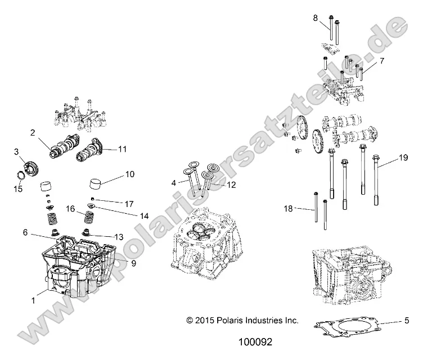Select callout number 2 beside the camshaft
point(33,133)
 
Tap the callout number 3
point(16,151)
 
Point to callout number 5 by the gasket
point(406,321)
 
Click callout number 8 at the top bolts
point(316,17)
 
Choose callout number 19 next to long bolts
point(403,158)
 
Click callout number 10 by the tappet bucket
point(129,175)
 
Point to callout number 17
point(129,203)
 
